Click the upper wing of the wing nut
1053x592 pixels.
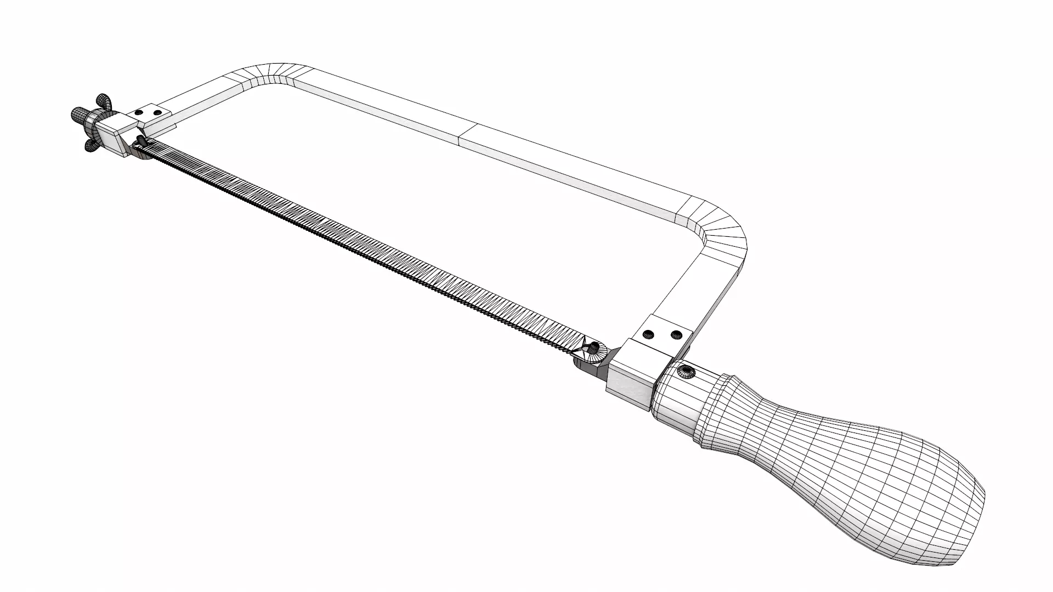click(x=102, y=100)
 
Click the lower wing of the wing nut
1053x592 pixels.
click(x=89, y=144)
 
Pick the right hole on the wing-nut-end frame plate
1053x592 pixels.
click(x=158, y=112)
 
